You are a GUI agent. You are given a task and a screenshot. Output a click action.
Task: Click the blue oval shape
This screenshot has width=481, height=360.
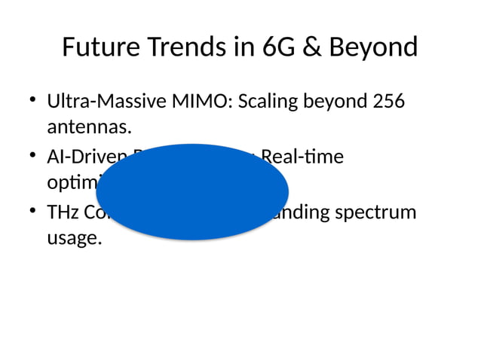point(192,191)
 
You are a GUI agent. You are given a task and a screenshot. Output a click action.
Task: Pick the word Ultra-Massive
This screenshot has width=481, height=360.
point(102,100)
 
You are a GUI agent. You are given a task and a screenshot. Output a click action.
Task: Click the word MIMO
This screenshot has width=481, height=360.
point(198,100)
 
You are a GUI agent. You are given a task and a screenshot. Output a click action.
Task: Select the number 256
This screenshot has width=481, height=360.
point(388,100)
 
